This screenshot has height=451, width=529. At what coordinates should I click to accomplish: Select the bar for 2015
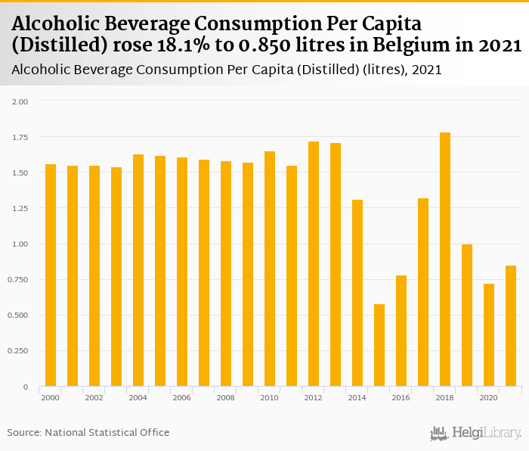pos(379,345)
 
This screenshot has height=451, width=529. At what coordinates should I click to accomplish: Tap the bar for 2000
pos(51,275)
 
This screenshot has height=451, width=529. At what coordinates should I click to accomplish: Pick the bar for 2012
pos(314,264)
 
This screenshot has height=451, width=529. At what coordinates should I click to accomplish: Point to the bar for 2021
pos(511,326)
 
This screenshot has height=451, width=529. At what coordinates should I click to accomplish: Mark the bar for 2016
pos(401,331)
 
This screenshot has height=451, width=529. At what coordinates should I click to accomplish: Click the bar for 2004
pos(138,270)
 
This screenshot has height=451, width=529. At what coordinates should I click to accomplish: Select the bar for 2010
pos(270,269)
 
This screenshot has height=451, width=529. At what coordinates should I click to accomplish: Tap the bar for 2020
pos(489,335)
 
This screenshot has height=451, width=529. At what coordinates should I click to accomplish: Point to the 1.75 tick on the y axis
pos(20,137)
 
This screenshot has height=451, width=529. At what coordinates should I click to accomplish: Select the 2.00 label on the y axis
pos(20,101)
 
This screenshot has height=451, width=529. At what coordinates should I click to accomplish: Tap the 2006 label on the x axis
pos(182,397)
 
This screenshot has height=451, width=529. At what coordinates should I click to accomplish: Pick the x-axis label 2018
pos(445,397)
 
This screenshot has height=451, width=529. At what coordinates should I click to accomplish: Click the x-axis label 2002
pos(94,397)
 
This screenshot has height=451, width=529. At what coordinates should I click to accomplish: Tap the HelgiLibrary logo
pos(475,434)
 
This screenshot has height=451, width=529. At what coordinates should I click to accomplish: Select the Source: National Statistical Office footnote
pos(88,433)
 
